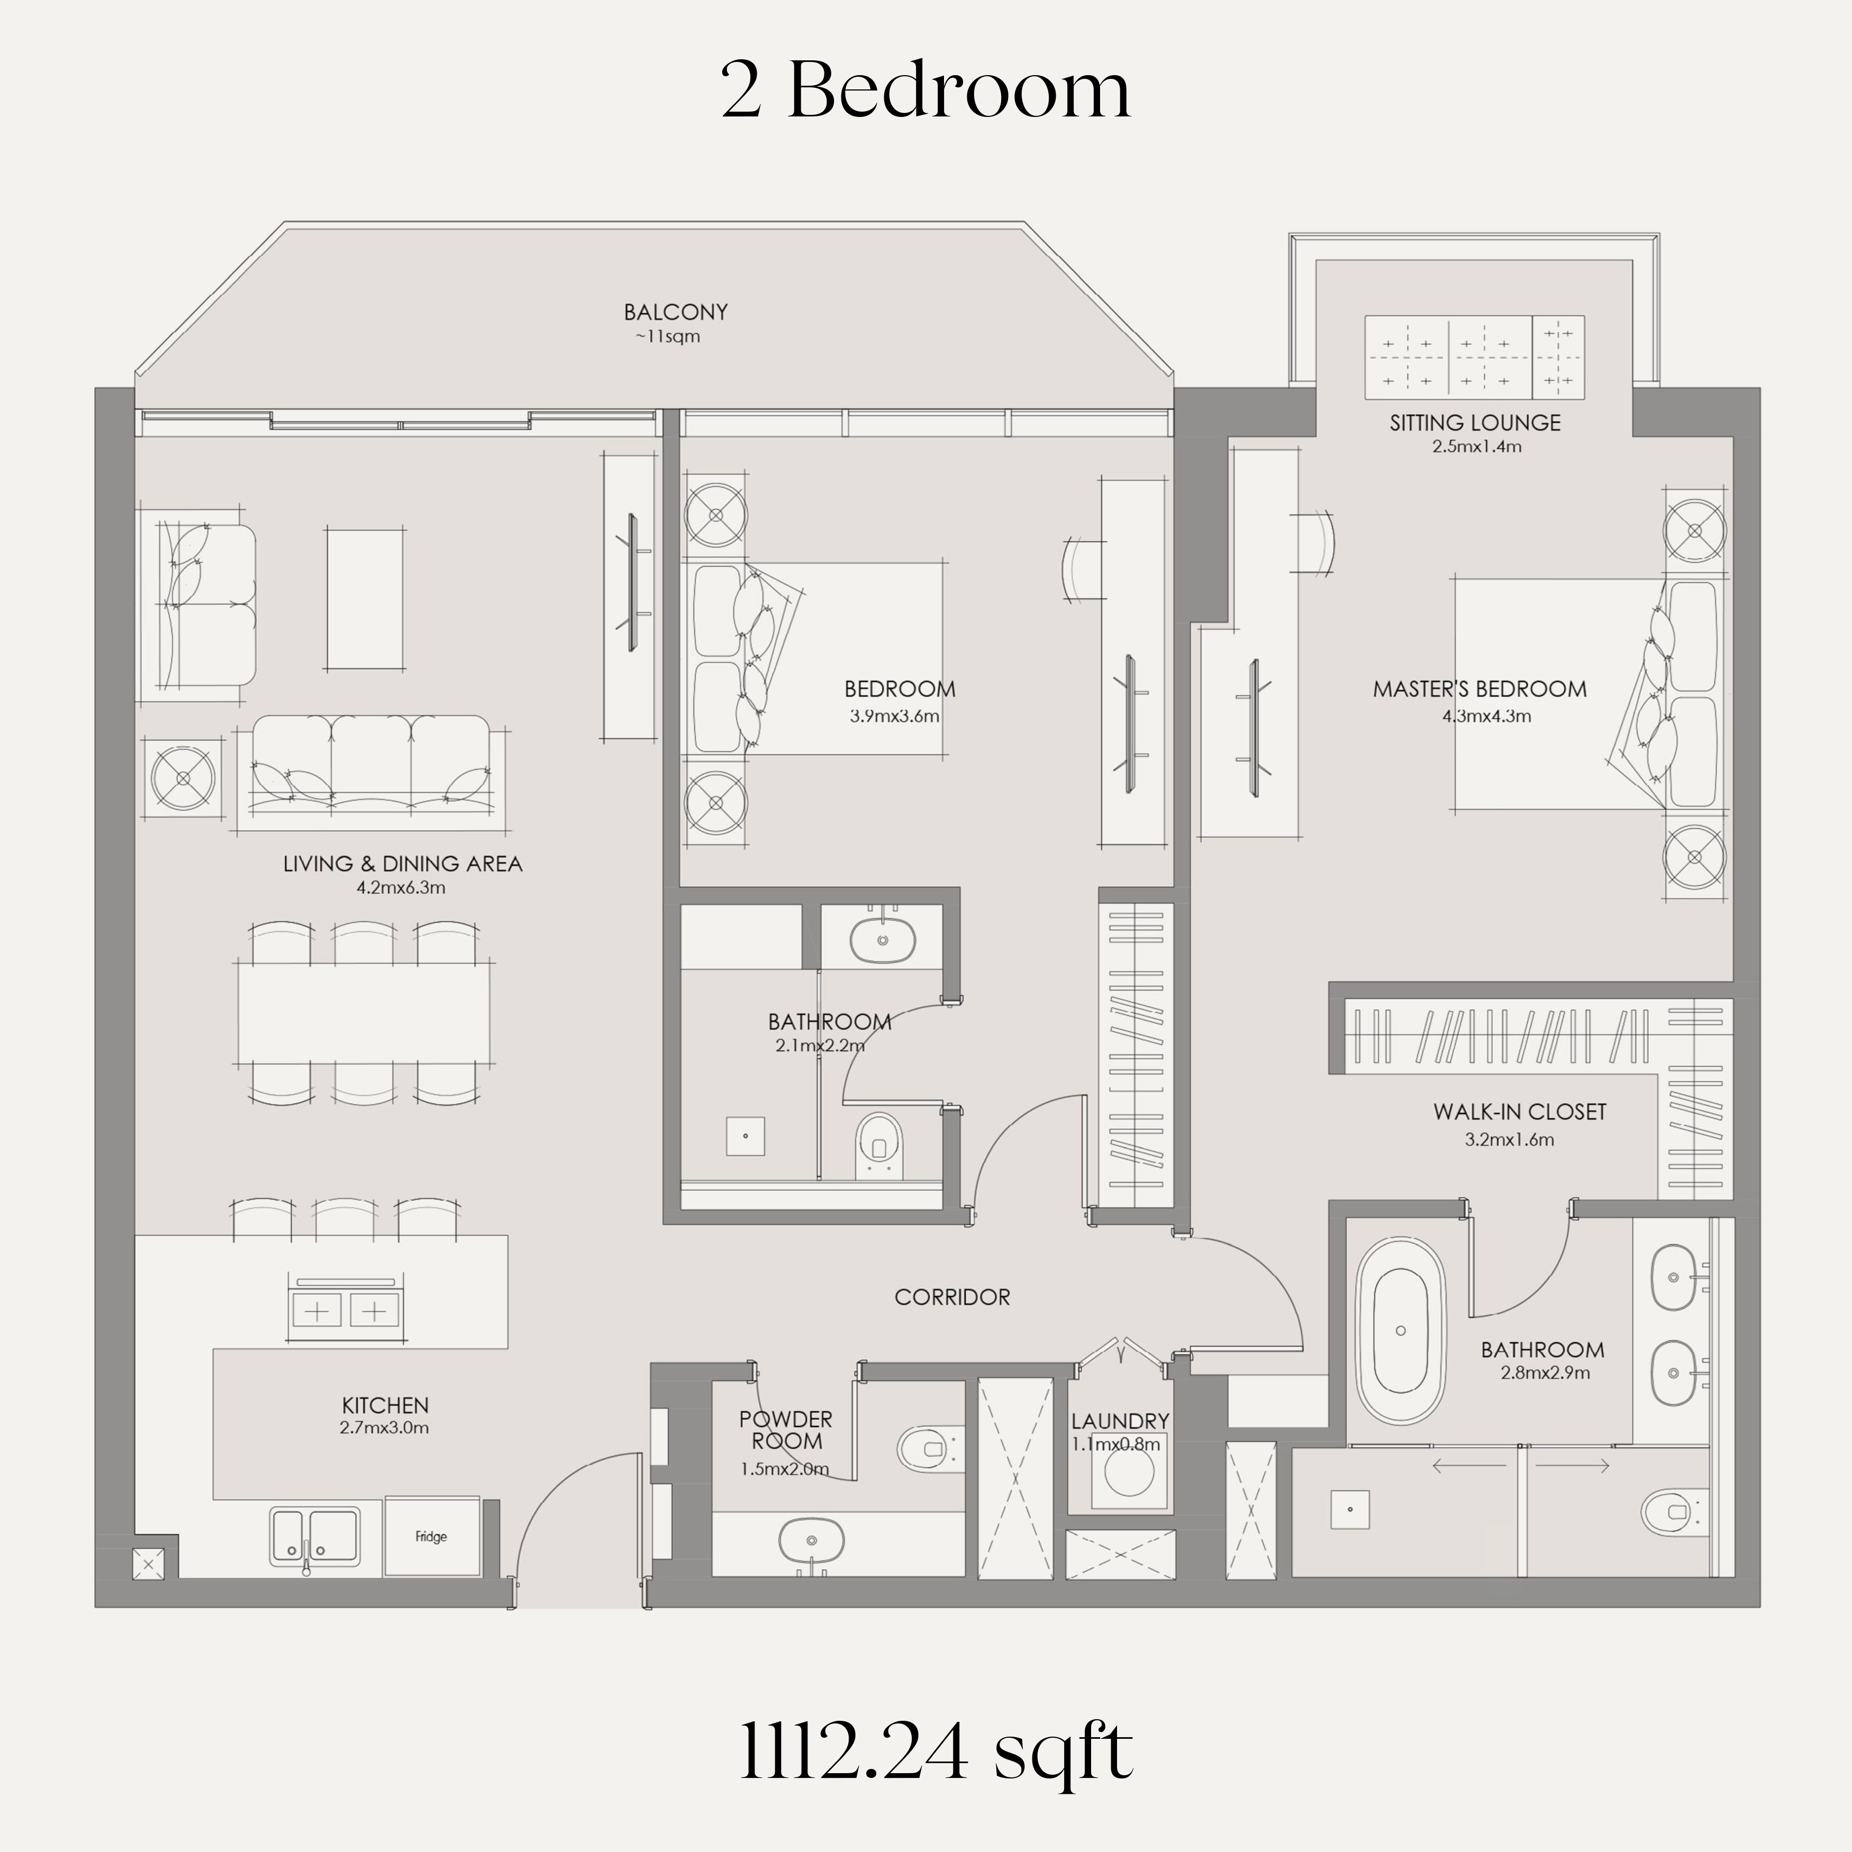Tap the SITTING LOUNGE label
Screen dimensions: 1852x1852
[x=1475, y=423]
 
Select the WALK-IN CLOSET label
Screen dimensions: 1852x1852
[x=1519, y=1112]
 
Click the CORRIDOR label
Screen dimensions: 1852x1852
[x=952, y=1297]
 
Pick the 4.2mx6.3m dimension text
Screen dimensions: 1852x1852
[x=401, y=888]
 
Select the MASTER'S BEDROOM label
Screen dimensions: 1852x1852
[x=1480, y=689]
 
